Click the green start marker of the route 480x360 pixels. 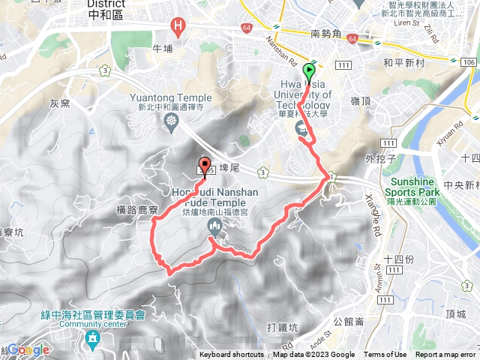[309, 73]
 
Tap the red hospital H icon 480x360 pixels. [178, 28]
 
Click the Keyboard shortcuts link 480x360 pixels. [232, 355]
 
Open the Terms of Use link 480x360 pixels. [385, 355]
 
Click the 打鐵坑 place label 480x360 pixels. [282, 328]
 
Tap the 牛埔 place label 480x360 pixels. [162, 48]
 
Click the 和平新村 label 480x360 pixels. [403, 64]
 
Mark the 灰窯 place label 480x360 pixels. [59, 102]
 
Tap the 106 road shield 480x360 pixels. [468, 61]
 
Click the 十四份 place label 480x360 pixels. [399, 259]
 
